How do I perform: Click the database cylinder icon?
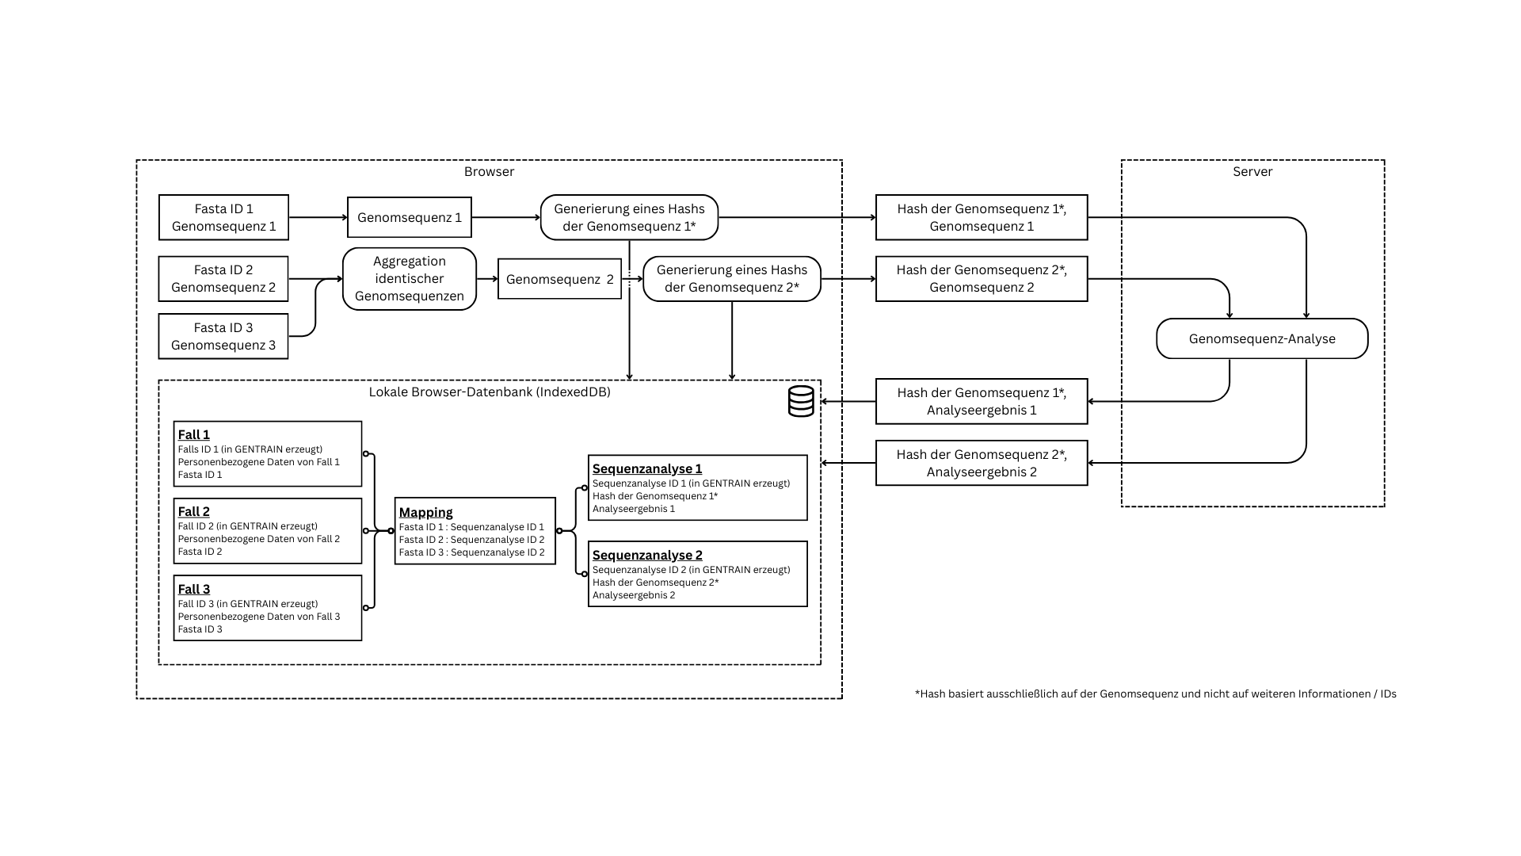click(x=801, y=401)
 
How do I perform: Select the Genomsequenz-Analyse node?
click(x=1261, y=338)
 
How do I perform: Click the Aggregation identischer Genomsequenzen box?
click(x=409, y=279)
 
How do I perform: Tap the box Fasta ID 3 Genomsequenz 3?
click(x=223, y=336)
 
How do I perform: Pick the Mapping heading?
click(x=425, y=512)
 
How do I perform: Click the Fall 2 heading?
click(x=193, y=511)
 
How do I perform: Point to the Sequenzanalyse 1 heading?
click(x=646, y=468)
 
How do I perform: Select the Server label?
click(x=1252, y=171)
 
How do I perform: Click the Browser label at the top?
click(x=489, y=171)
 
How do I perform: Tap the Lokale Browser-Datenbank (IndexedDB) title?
click(x=489, y=392)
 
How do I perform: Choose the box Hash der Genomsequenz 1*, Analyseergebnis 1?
click(x=981, y=401)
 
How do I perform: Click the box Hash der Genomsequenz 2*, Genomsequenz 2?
click(x=981, y=279)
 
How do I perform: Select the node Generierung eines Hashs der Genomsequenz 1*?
click(x=629, y=217)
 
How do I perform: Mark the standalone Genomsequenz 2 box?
click(x=559, y=279)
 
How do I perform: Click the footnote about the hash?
click(x=1155, y=694)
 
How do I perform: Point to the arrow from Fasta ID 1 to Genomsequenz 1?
click(x=318, y=217)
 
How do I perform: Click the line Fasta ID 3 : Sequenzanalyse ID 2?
click(x=471, y=552)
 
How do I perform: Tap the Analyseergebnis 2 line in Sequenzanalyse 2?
click(x=634, y=595)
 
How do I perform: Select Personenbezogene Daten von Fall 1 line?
click(x=258, y=462)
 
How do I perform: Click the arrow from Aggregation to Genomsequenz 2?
click(x=486, y=279)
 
